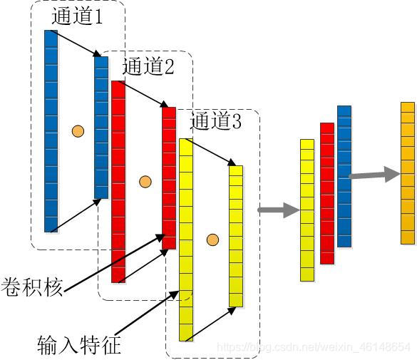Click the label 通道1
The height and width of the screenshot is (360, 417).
coord(77,16)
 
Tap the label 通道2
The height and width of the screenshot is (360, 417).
coord(148,67)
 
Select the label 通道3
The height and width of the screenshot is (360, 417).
coord(216,121)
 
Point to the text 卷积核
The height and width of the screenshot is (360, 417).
coord(32,285)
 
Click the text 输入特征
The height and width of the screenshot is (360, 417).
coord(78,345)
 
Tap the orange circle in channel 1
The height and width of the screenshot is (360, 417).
coord(78,131)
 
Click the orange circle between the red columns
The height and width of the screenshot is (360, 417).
coord(145,182)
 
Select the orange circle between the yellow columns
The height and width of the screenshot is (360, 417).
coord(212,239)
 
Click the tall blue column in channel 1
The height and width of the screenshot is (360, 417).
coord(51,131)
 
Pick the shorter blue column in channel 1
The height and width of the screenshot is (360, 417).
coord(101,127)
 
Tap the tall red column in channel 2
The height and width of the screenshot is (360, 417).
coord(118,182)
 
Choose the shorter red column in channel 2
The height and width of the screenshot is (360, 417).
coord(169,178)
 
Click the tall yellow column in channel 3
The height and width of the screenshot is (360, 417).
coord(185,240)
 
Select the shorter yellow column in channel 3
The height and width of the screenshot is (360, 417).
coord(236,236)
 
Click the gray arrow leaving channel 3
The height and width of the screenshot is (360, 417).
coord(279,210)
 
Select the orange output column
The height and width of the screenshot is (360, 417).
coord(408,173)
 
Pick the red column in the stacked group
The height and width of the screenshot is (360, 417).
coord(327,193)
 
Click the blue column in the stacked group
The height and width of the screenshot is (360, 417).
coord(344,176)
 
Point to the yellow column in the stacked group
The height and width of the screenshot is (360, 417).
coord(307,210)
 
